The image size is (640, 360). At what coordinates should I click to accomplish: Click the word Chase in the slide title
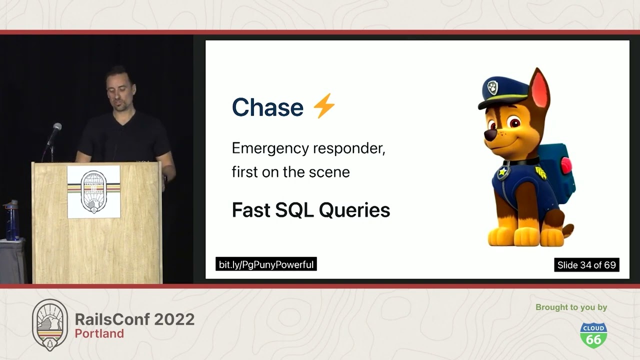pyautogui.click(x=267, y=107)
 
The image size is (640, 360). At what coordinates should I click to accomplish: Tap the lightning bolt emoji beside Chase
pyautogui.click(x=324, y=105)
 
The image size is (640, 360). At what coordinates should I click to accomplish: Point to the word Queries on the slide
pyautogui.click(x=354, y=210)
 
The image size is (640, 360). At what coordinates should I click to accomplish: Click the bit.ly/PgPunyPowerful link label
pyautogui.click(x=266, y=264)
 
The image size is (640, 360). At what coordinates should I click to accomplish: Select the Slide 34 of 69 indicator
pyautogui.click(x=586, y=265)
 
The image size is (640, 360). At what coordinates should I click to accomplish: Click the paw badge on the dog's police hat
pyautogui.click(x=492, y=87)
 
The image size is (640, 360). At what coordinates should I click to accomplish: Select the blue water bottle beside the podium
pyautogui.click(x=11, y=220)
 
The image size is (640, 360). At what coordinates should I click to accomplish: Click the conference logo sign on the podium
pyautogui.click(x=93, y=192)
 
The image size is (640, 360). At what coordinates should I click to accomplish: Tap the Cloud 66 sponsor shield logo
pyautogui.click(x=593, y=335)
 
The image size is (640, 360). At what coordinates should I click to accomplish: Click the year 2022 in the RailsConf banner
pyautogui.click(x=174, y=319)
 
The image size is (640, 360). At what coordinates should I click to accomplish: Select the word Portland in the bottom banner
pyautogui.click(x=99, y=333)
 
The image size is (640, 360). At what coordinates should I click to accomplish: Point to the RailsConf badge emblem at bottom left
pyautogui.click(x=50, y=325)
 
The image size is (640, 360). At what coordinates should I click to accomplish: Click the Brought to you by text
pyautogui.click(x=571, y=307)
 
